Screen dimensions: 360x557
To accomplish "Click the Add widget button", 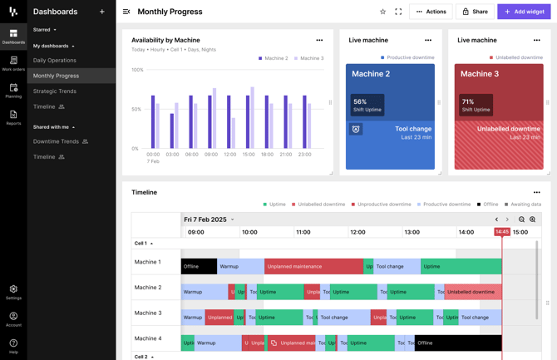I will (x=524, y=12).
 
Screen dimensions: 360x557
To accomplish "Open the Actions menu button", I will (x=431, y=12).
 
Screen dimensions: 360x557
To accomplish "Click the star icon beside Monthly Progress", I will (x=382, y=12).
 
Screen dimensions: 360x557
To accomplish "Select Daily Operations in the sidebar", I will (x=55, y=60).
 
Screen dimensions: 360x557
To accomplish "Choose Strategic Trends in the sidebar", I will (x=55, y=91).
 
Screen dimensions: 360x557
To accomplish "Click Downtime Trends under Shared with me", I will (x=56, y=141).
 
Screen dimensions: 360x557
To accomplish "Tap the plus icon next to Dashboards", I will (x=102, y=12).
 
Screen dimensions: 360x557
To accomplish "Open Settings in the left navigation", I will (x=13, y=292).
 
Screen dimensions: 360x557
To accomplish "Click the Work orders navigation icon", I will (x=13, y=63).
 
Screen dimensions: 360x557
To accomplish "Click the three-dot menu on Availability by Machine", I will (x=319, y=40).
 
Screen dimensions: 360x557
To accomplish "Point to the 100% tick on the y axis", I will (x=137, y=70).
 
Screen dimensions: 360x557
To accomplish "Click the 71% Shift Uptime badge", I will (x=475, y=106).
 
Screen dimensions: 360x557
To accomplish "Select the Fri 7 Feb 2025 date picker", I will (x=209, y=219).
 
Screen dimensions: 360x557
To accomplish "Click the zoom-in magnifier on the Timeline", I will (x=533, y=219).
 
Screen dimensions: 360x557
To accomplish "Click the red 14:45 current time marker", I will (x=502, y=232).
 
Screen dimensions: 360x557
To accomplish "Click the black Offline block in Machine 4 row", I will (x=458, y=343).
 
